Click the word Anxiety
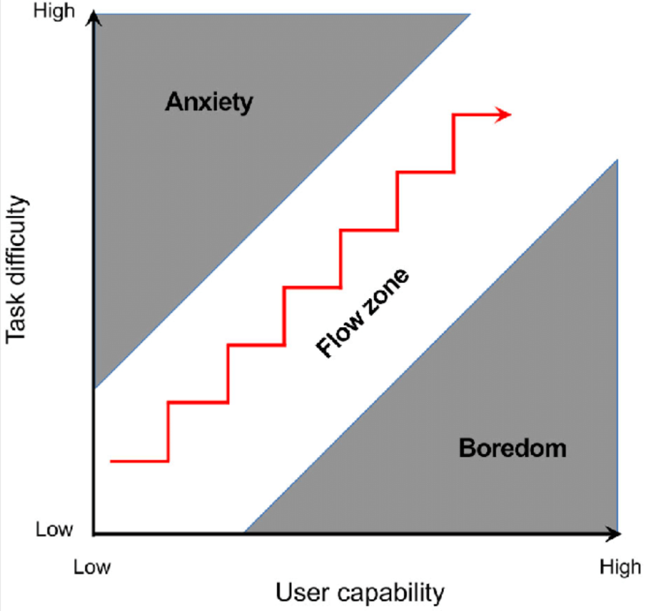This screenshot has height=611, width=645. pyautogui.click(x=209, y=102)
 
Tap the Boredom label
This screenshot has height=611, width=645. pyautogui.click(x=512, y=448)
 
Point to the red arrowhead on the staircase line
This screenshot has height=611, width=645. pyautogui.click(x=504, y=114)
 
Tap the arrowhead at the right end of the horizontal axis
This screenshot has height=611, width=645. pyautogui.click(x=614, y=534)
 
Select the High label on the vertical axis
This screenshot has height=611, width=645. pyautogui.click(x=54, y=11)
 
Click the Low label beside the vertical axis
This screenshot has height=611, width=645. pyautogui.click(x=54, y=529)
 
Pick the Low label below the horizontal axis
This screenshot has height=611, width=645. pyautogui.click(x=92, y=567)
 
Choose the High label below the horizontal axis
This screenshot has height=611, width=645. pyautogui.click(x=620, y=567)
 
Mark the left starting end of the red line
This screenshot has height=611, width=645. pyautogui.click(x=111, y=461)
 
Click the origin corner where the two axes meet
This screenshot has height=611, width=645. pyautogui.click(x=95, y=534)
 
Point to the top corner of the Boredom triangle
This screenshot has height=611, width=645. pyautogui.click(x=617, y=160)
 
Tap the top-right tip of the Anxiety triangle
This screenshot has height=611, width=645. pyautogui.click(x=469, y=14)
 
